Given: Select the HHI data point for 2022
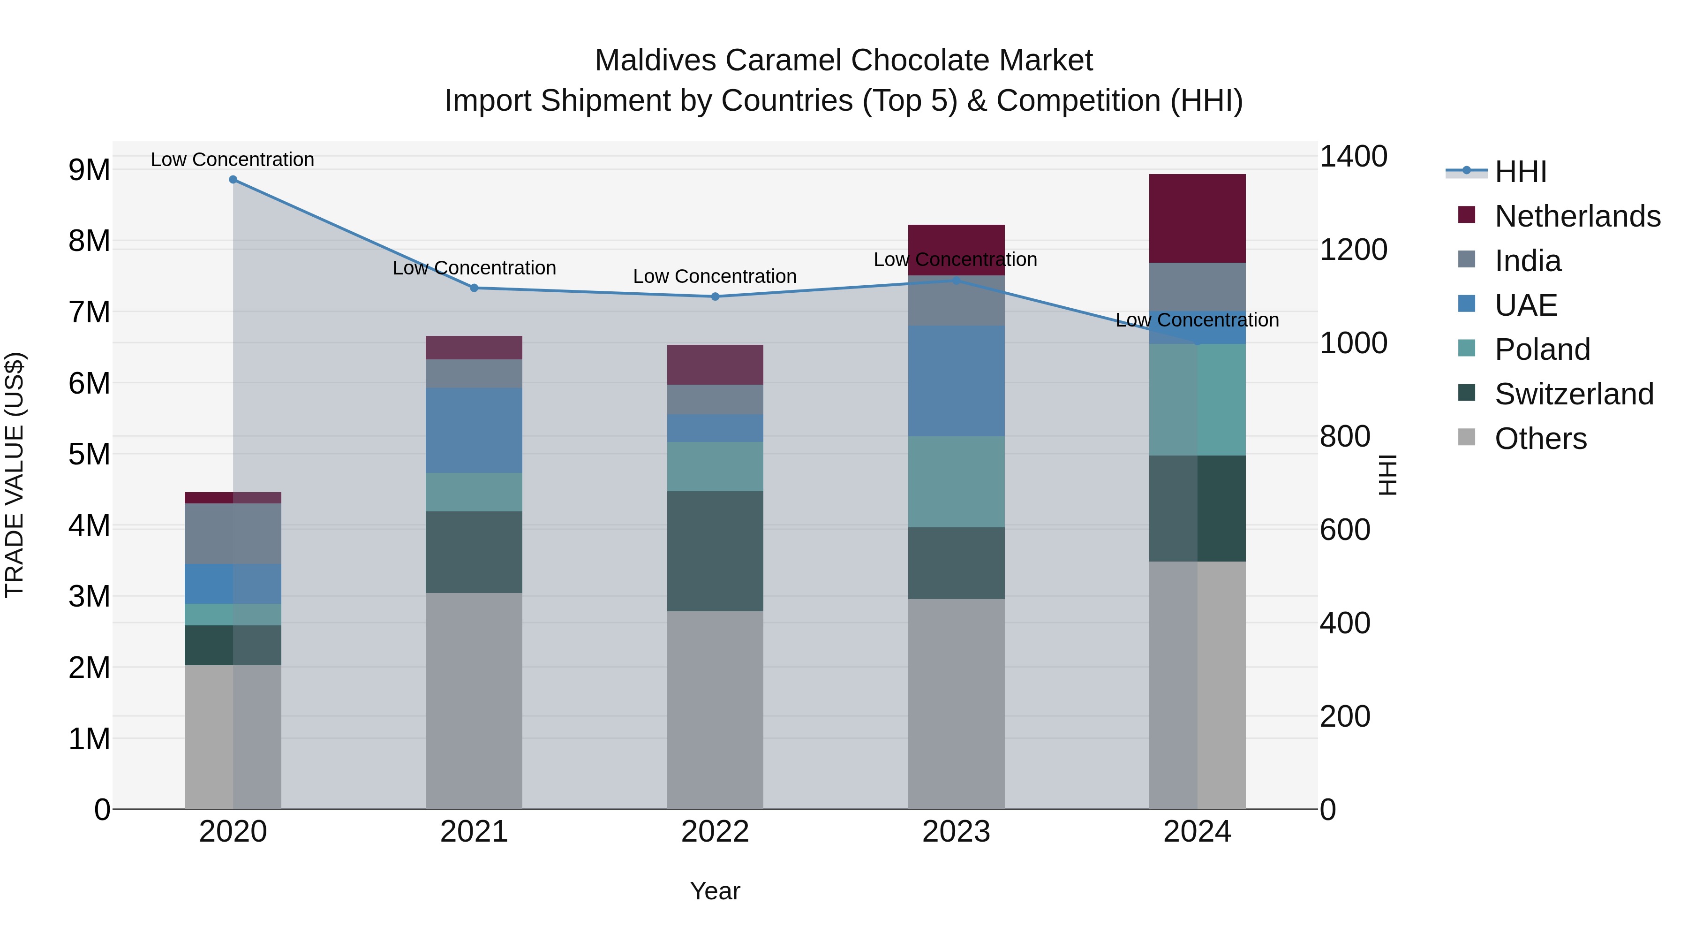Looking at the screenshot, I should click(x=715, y=296).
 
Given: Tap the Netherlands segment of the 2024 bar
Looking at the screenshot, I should click(x=1197, y=218).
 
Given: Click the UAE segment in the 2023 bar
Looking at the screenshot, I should click(x=956, y=381).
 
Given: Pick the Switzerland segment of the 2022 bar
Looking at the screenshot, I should click(x=715, y=551).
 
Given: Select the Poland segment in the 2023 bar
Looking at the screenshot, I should click(x=956, y=482).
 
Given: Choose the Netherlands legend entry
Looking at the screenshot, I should click(x=1576, y=216).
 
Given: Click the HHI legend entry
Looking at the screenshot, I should click(x=1520, y=172).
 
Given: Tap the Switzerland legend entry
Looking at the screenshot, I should click(x=1573, y=394).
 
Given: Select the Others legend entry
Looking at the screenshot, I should click(x=1540, y=439).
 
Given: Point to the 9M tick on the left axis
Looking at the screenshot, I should click(x=89, y=170).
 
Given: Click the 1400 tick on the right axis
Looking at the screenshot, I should click(x=1352, y=157).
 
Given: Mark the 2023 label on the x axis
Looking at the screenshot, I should click(x=956, y=832).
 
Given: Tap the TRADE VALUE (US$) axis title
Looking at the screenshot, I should click(x=15, y=475).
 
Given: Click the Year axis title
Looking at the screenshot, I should click(x=715, y=891).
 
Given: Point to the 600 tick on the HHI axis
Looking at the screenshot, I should click(x=1345, y=530).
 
